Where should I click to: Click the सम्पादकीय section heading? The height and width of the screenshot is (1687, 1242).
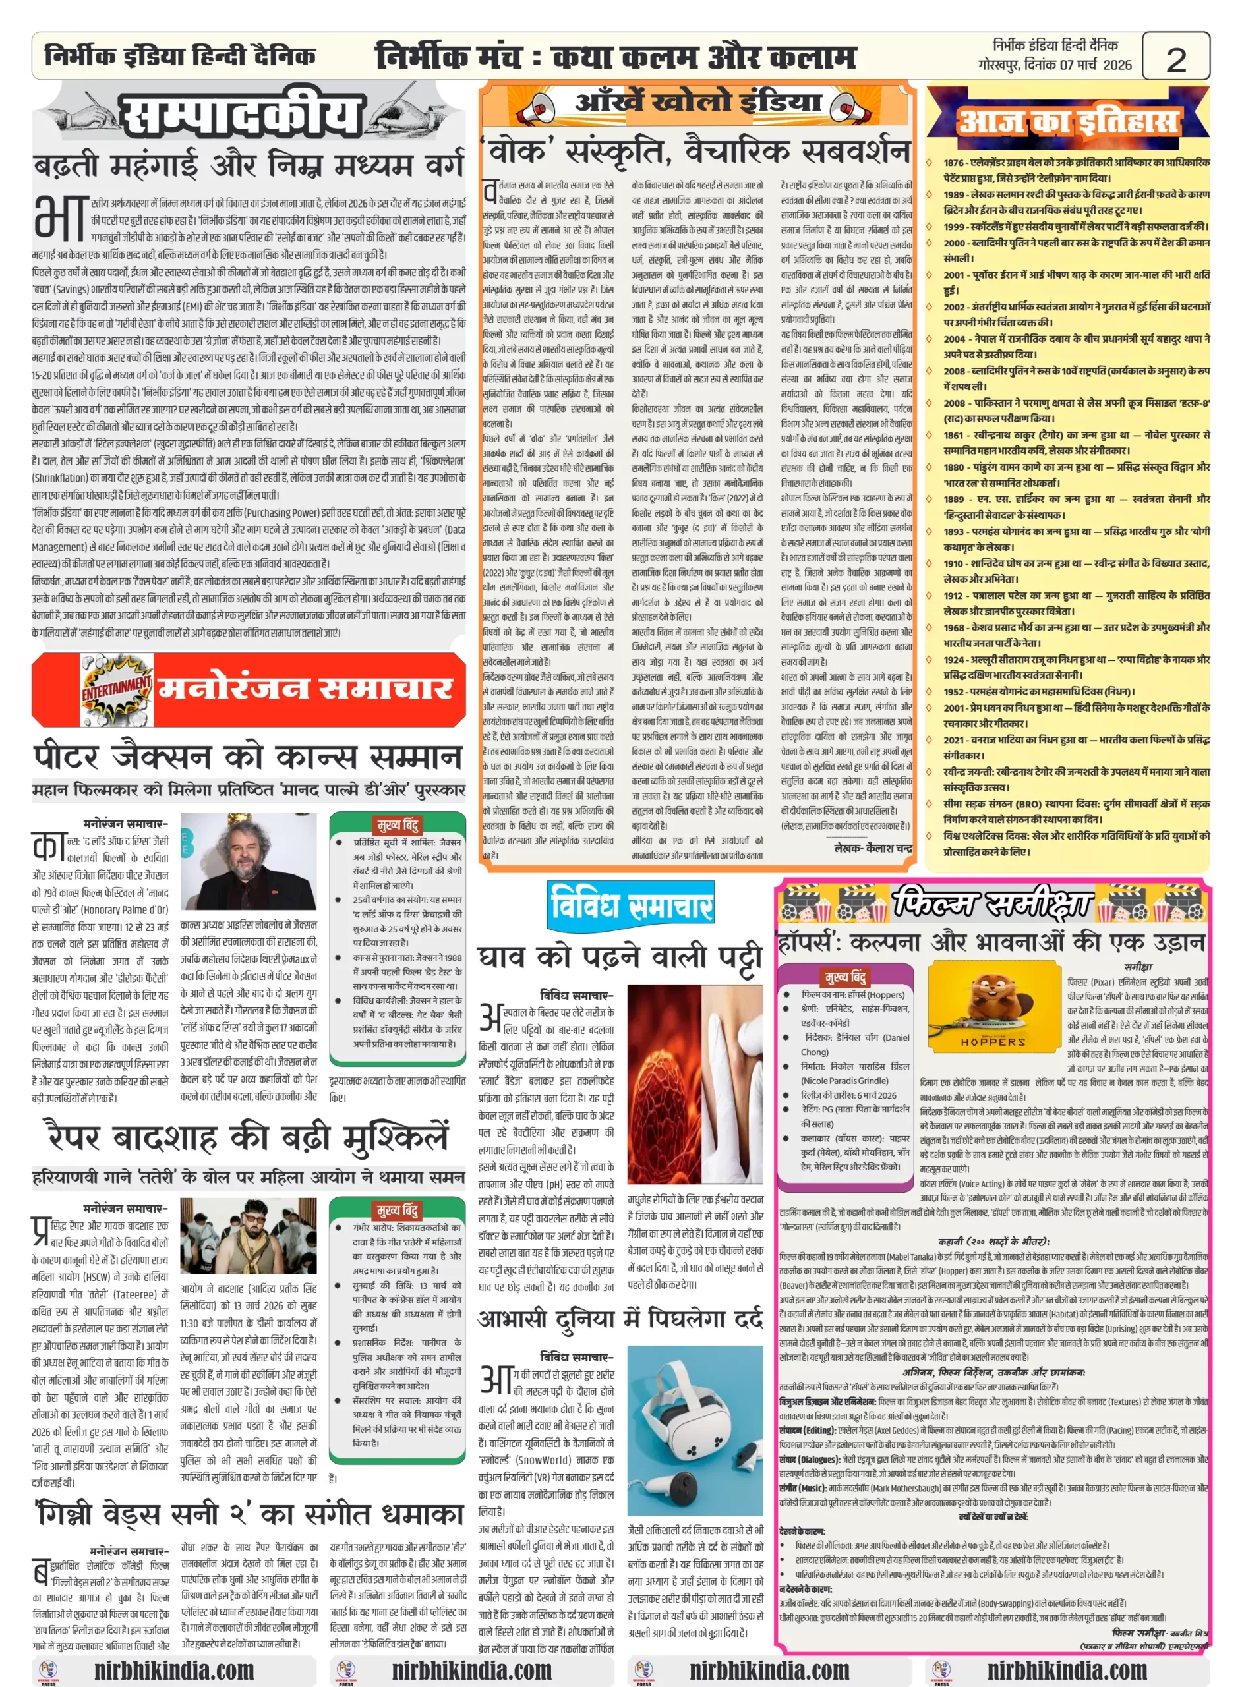[242, 117]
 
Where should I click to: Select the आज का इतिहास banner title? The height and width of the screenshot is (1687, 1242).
[1067, 120]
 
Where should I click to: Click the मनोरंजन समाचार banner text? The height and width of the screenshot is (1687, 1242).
[305, 689]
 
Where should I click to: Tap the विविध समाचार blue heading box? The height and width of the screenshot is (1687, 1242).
[630, 905]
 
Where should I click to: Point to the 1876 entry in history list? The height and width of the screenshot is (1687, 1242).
[1076, 170]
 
